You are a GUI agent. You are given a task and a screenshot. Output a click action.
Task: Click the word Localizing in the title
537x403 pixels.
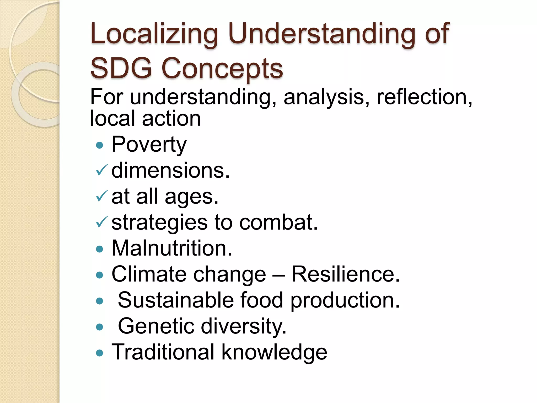[154, 34]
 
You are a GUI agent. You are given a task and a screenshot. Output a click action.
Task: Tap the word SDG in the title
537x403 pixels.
[121, 68]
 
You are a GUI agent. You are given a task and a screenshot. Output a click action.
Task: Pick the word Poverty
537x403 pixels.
[149, 145]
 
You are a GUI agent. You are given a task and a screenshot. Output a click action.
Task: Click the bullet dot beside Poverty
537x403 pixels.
[100, 145]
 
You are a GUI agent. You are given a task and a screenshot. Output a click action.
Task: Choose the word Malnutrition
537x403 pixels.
[172, 248]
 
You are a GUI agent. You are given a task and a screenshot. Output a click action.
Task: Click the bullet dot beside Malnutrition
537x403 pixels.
[100, 249]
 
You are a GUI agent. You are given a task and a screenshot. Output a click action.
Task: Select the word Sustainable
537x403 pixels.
[176, 300]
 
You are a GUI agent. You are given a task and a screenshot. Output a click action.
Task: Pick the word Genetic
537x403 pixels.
[156, 326]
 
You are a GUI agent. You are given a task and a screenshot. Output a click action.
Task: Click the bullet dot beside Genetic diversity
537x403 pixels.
[100, 327]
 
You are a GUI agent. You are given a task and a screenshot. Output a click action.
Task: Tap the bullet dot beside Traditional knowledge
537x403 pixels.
[100, 353]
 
